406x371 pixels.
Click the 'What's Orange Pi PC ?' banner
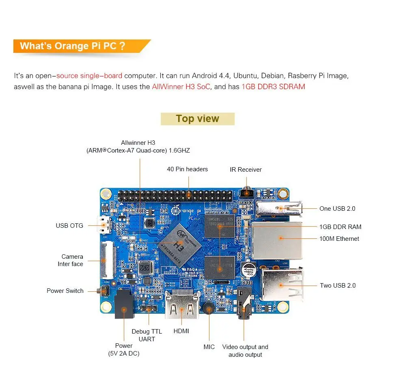[73, 46]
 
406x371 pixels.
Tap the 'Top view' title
[197, 119]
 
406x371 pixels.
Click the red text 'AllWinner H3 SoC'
[181, 87]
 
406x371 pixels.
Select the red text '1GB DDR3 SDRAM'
[273, 87]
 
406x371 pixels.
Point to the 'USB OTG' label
[69, 225]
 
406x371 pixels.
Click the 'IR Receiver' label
[246, 170]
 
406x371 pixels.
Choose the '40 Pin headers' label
[187, 169]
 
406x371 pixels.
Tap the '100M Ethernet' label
[339, 239]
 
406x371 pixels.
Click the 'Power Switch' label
[65, 291]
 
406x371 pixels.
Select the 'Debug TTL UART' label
[147, 335]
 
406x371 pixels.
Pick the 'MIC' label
[209, 347]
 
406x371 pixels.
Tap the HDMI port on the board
[181, 305]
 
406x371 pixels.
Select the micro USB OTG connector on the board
[105, 225]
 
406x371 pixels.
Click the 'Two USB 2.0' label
[337, 286]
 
